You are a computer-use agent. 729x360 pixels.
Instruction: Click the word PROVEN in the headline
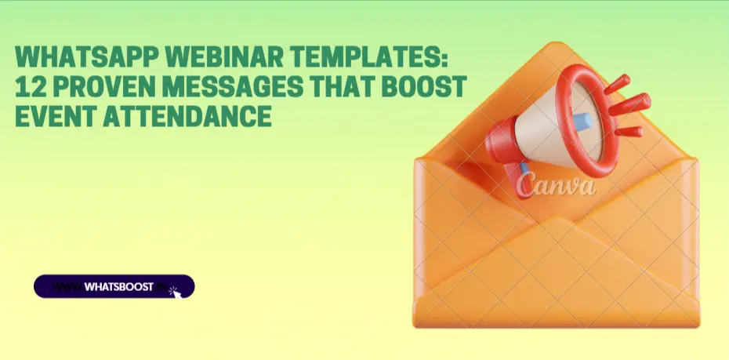(x=104, y=86)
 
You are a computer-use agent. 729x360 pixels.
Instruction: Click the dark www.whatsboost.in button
(x=114, y=286)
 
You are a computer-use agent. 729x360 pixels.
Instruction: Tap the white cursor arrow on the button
(x=176, y=293)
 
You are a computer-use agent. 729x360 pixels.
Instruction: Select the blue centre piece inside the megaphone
(x=582, y=122)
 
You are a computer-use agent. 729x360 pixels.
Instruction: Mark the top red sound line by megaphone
(x=617, y=84)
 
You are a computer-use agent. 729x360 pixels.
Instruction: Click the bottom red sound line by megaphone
(x=629, y=132)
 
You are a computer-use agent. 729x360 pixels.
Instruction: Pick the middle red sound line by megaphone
(x=630, y=104)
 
